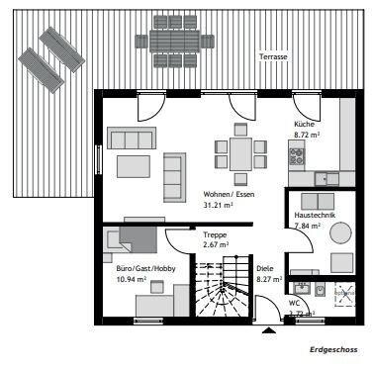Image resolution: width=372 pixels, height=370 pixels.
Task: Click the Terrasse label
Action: [x=273, y=57]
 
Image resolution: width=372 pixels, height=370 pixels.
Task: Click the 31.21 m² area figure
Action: [x=217, y=205]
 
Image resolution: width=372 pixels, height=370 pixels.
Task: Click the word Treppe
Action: [x=215, y=234]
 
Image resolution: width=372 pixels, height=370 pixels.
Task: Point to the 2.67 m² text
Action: [x=216, y=244]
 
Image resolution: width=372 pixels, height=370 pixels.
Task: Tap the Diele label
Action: [x=265, y=268]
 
